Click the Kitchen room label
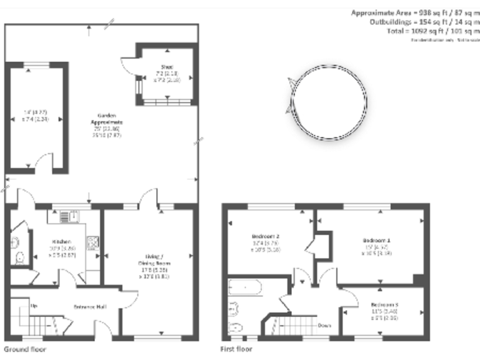[61, 242]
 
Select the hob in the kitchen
[92, 241]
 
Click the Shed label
[166, 66]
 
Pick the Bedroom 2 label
[265, 236]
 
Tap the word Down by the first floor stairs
[324, 326]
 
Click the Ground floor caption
[25, 349]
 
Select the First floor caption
[236, 349]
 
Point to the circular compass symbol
[328, 97]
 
